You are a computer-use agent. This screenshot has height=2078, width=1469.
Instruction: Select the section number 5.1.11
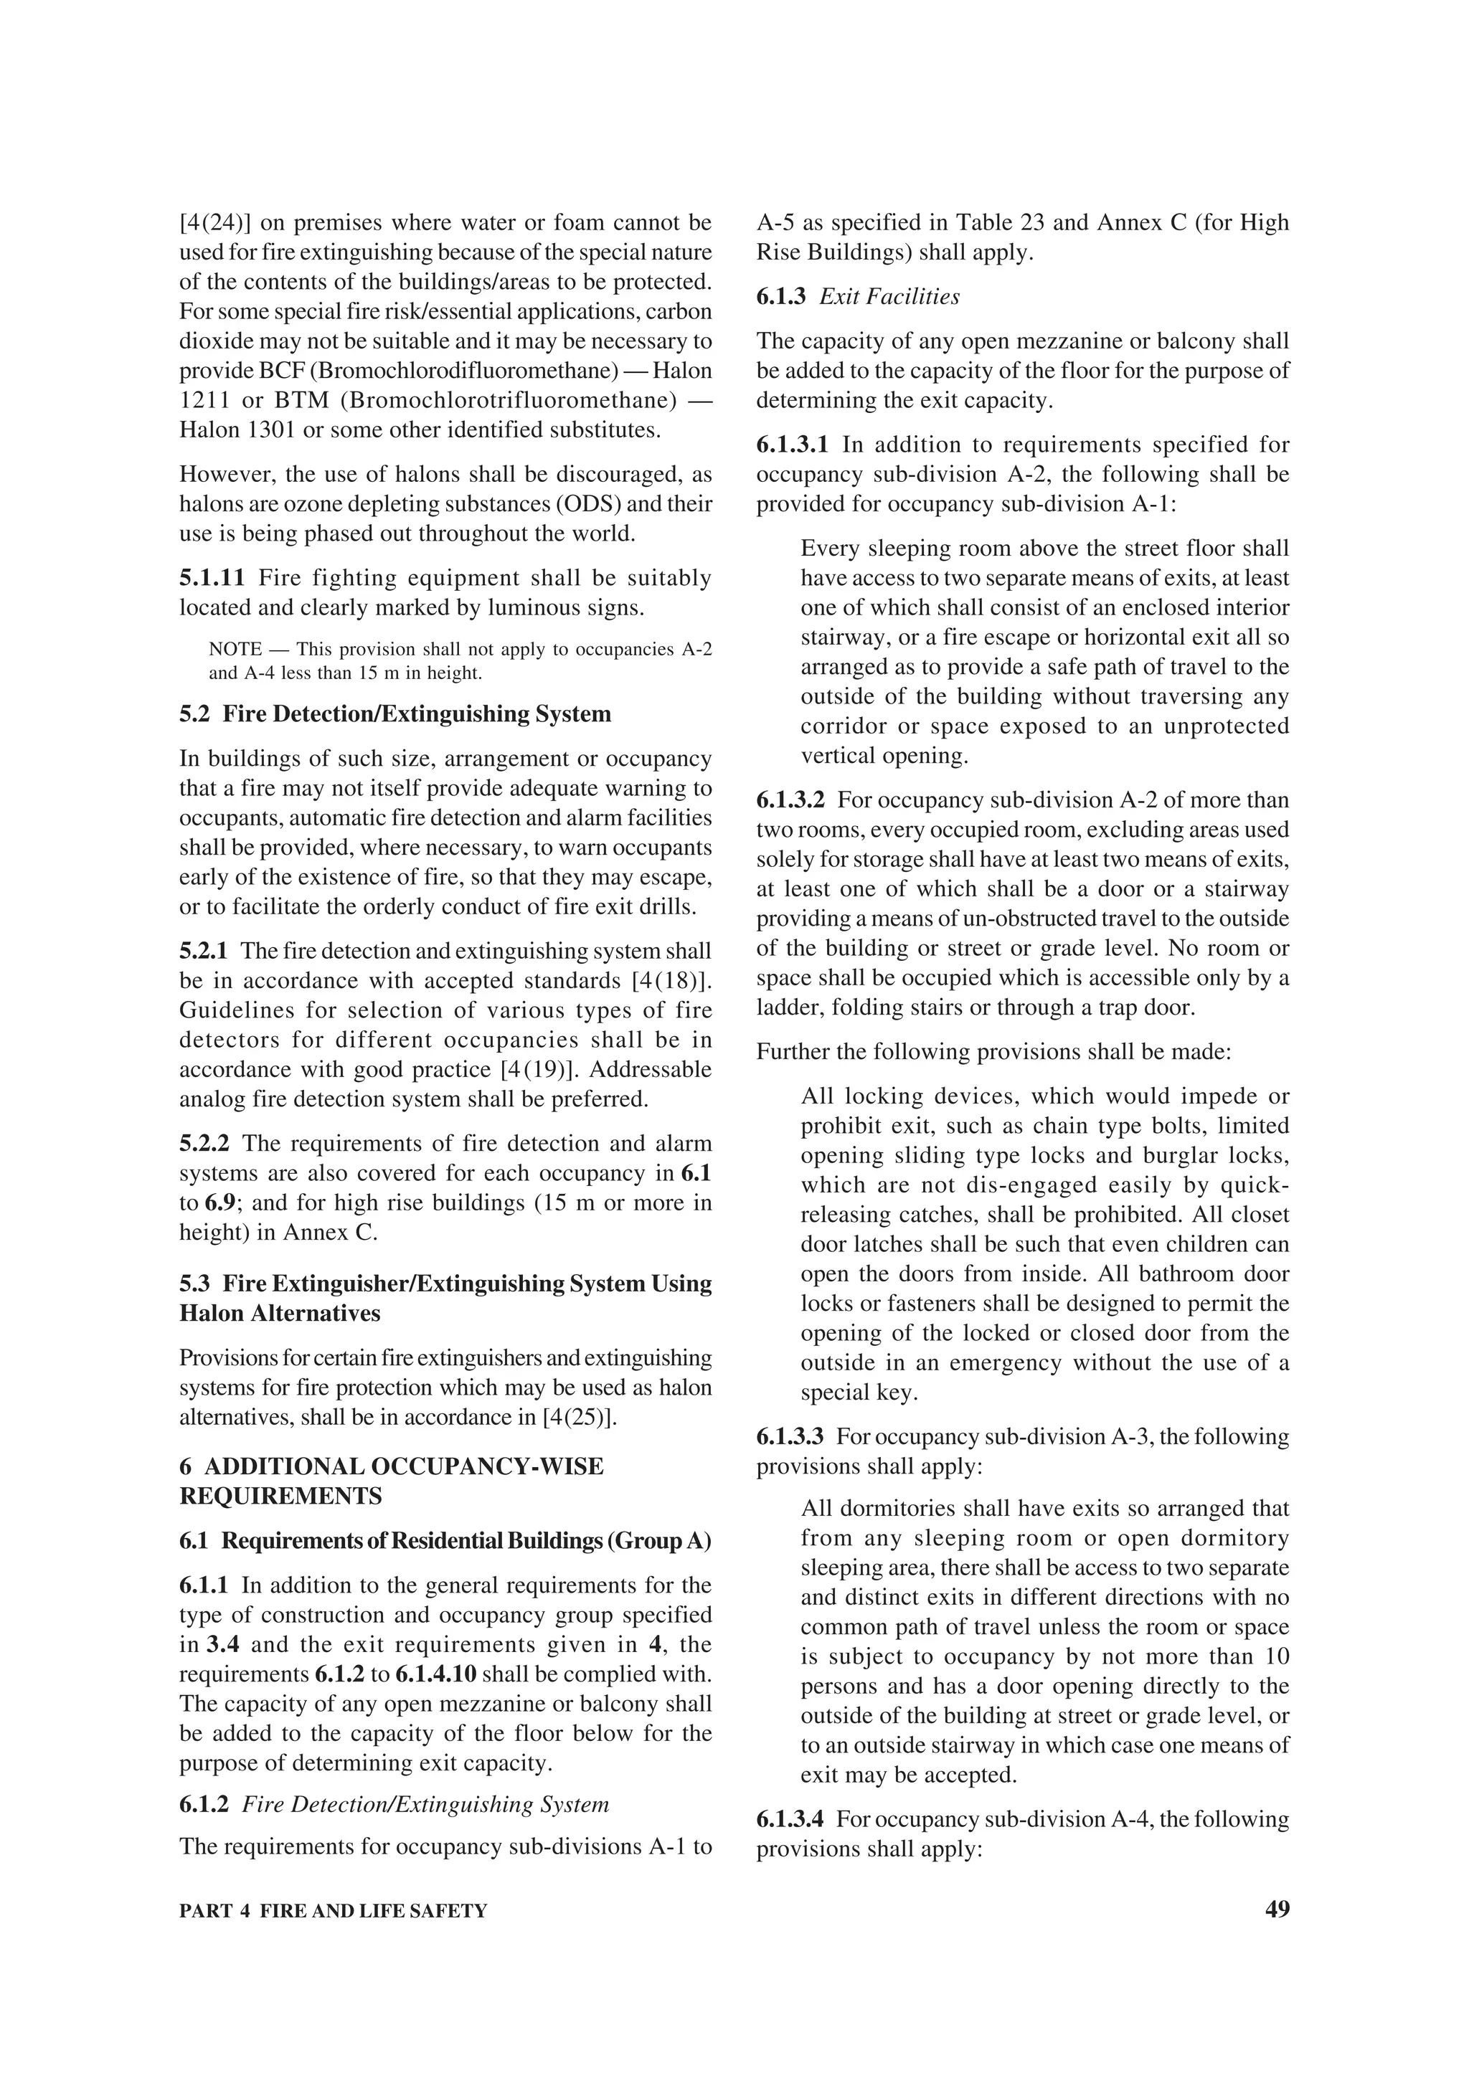[212, 577]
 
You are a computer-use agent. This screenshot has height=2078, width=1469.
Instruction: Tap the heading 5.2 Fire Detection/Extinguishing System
[395, 714]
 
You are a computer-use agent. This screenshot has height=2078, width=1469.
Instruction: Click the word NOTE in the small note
[235, 649]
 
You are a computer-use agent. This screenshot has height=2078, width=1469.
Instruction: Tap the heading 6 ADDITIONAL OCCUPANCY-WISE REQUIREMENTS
[391, 1481]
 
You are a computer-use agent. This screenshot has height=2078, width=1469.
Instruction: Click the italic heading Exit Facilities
[889, 297]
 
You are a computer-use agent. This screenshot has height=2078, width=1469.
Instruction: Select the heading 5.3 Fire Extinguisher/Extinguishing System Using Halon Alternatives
[445, 1298]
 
